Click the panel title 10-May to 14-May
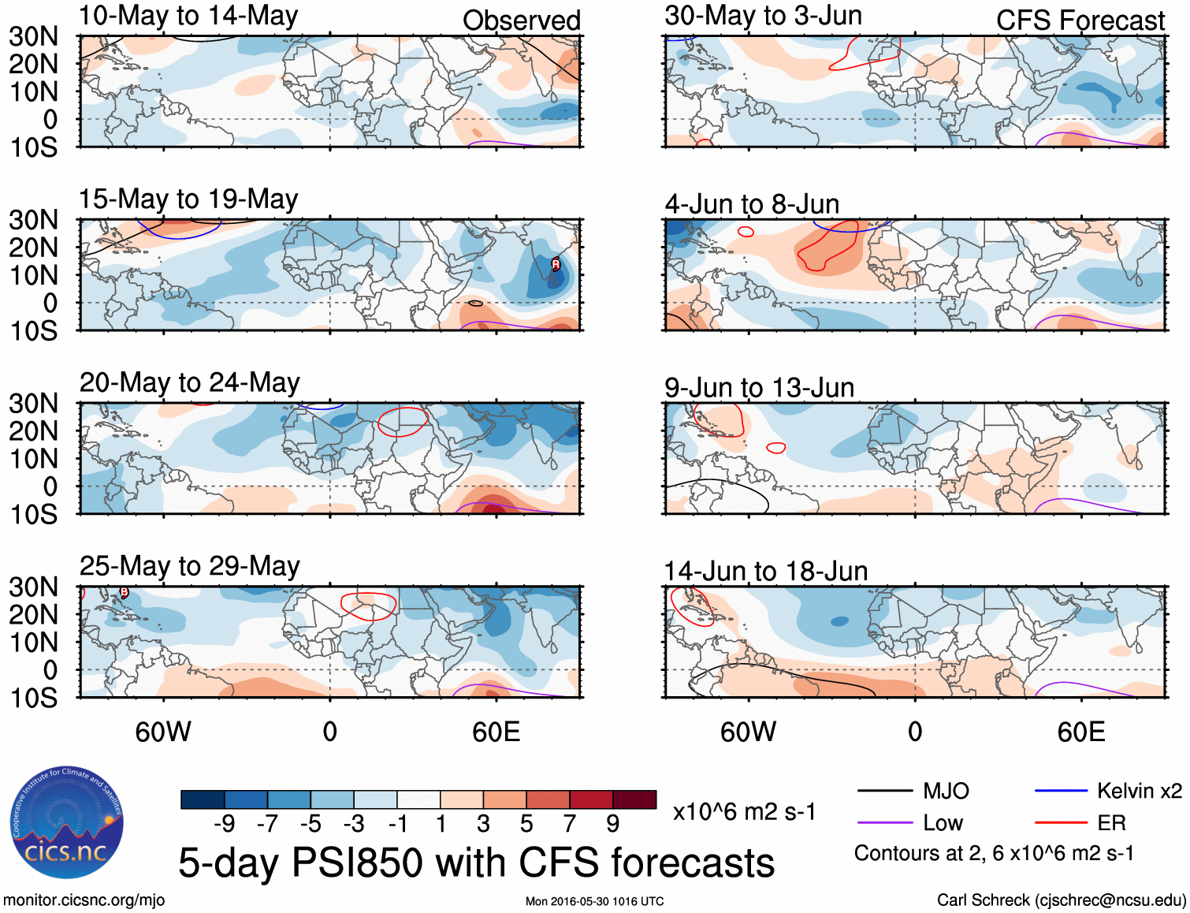coord(188,17)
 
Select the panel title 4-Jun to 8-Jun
coord(752,204)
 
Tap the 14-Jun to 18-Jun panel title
coord(765,571)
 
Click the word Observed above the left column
coord(521,20)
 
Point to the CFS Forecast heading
coord(1080,20)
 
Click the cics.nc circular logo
coord(67,823)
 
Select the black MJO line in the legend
coord(884,791)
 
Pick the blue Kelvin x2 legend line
coord(1061,791)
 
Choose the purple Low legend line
coord(884,823)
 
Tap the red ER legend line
coord(1061,823)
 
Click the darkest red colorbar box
coord(634,799)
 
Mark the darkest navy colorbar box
coord(203,799)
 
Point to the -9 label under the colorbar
coord(225,824)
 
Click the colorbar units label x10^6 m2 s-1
coord(744,811)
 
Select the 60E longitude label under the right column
coord(1080,732)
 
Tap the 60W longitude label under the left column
coord(163,732)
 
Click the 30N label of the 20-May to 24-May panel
coord(33,404)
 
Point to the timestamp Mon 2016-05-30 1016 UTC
coord(594,901)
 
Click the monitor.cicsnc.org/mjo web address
coord(84,900)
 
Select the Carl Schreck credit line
coord(1061,900)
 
